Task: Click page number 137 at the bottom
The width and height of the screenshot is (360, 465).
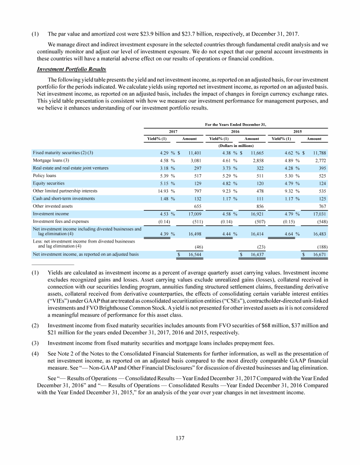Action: coord(180,438)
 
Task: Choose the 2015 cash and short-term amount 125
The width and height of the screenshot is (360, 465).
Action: coord(316,198)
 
